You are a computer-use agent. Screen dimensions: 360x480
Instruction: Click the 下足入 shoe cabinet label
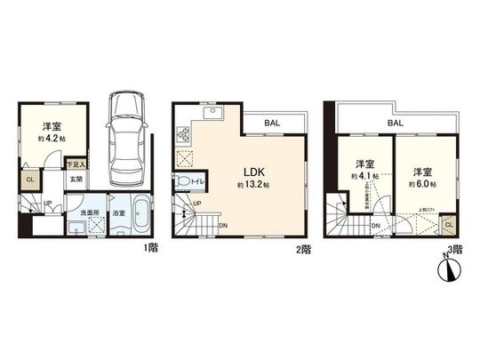(x=76, y=164)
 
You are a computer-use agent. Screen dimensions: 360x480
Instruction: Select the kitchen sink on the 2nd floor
(x=213, y=113)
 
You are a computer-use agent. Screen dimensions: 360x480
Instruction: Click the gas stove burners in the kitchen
(x=186, y=135)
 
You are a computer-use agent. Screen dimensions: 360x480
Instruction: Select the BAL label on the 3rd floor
(x=395, y=124)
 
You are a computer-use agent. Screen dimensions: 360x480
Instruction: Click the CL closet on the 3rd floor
(x=448, y=226)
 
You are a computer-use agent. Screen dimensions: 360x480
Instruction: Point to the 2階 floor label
(x=305, y=251)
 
